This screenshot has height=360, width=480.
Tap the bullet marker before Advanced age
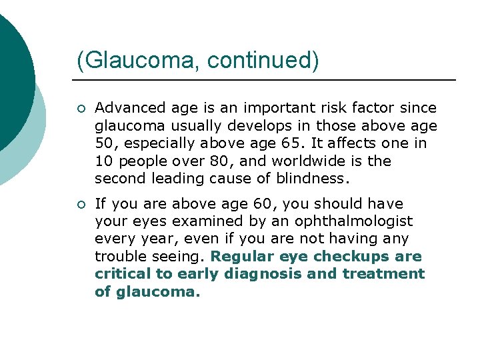pos(81,109)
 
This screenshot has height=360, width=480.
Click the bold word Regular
pos(243,257)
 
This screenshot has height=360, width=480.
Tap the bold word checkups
pos(349,257)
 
